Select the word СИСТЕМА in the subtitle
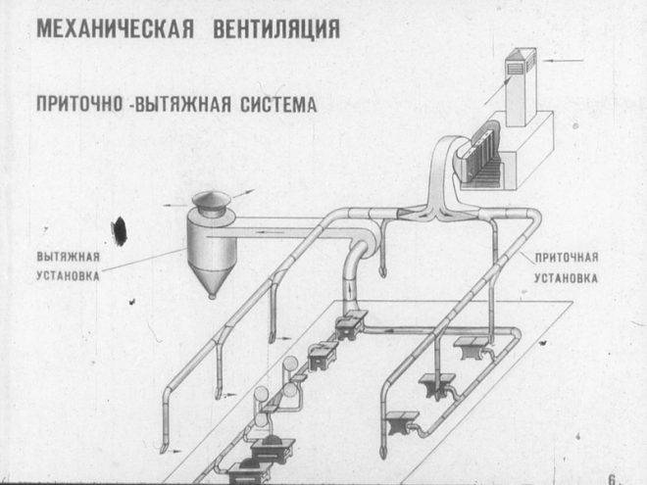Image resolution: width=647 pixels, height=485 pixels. [279, 104]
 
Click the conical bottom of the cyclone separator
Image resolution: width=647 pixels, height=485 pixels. [208, 279]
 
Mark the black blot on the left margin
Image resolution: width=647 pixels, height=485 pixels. [120, 230]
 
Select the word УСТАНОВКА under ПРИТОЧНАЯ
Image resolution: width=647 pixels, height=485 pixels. [567, 277]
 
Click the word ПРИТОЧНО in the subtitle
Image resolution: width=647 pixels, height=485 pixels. [79, 104]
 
